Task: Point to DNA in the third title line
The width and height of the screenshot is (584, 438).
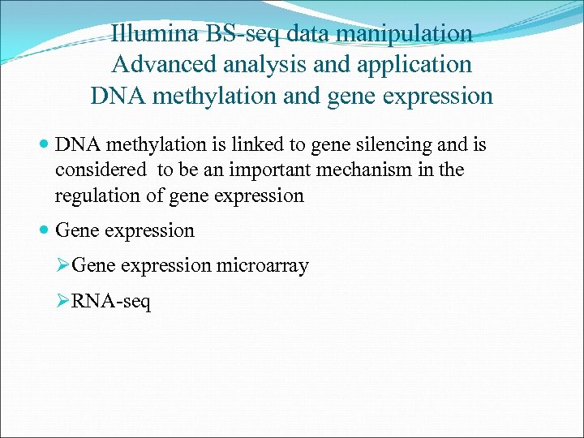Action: (x=113, y=96)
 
